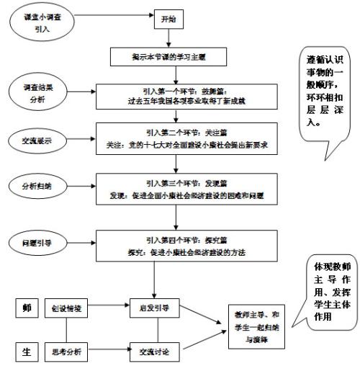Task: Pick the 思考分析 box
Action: coord(68,352)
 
